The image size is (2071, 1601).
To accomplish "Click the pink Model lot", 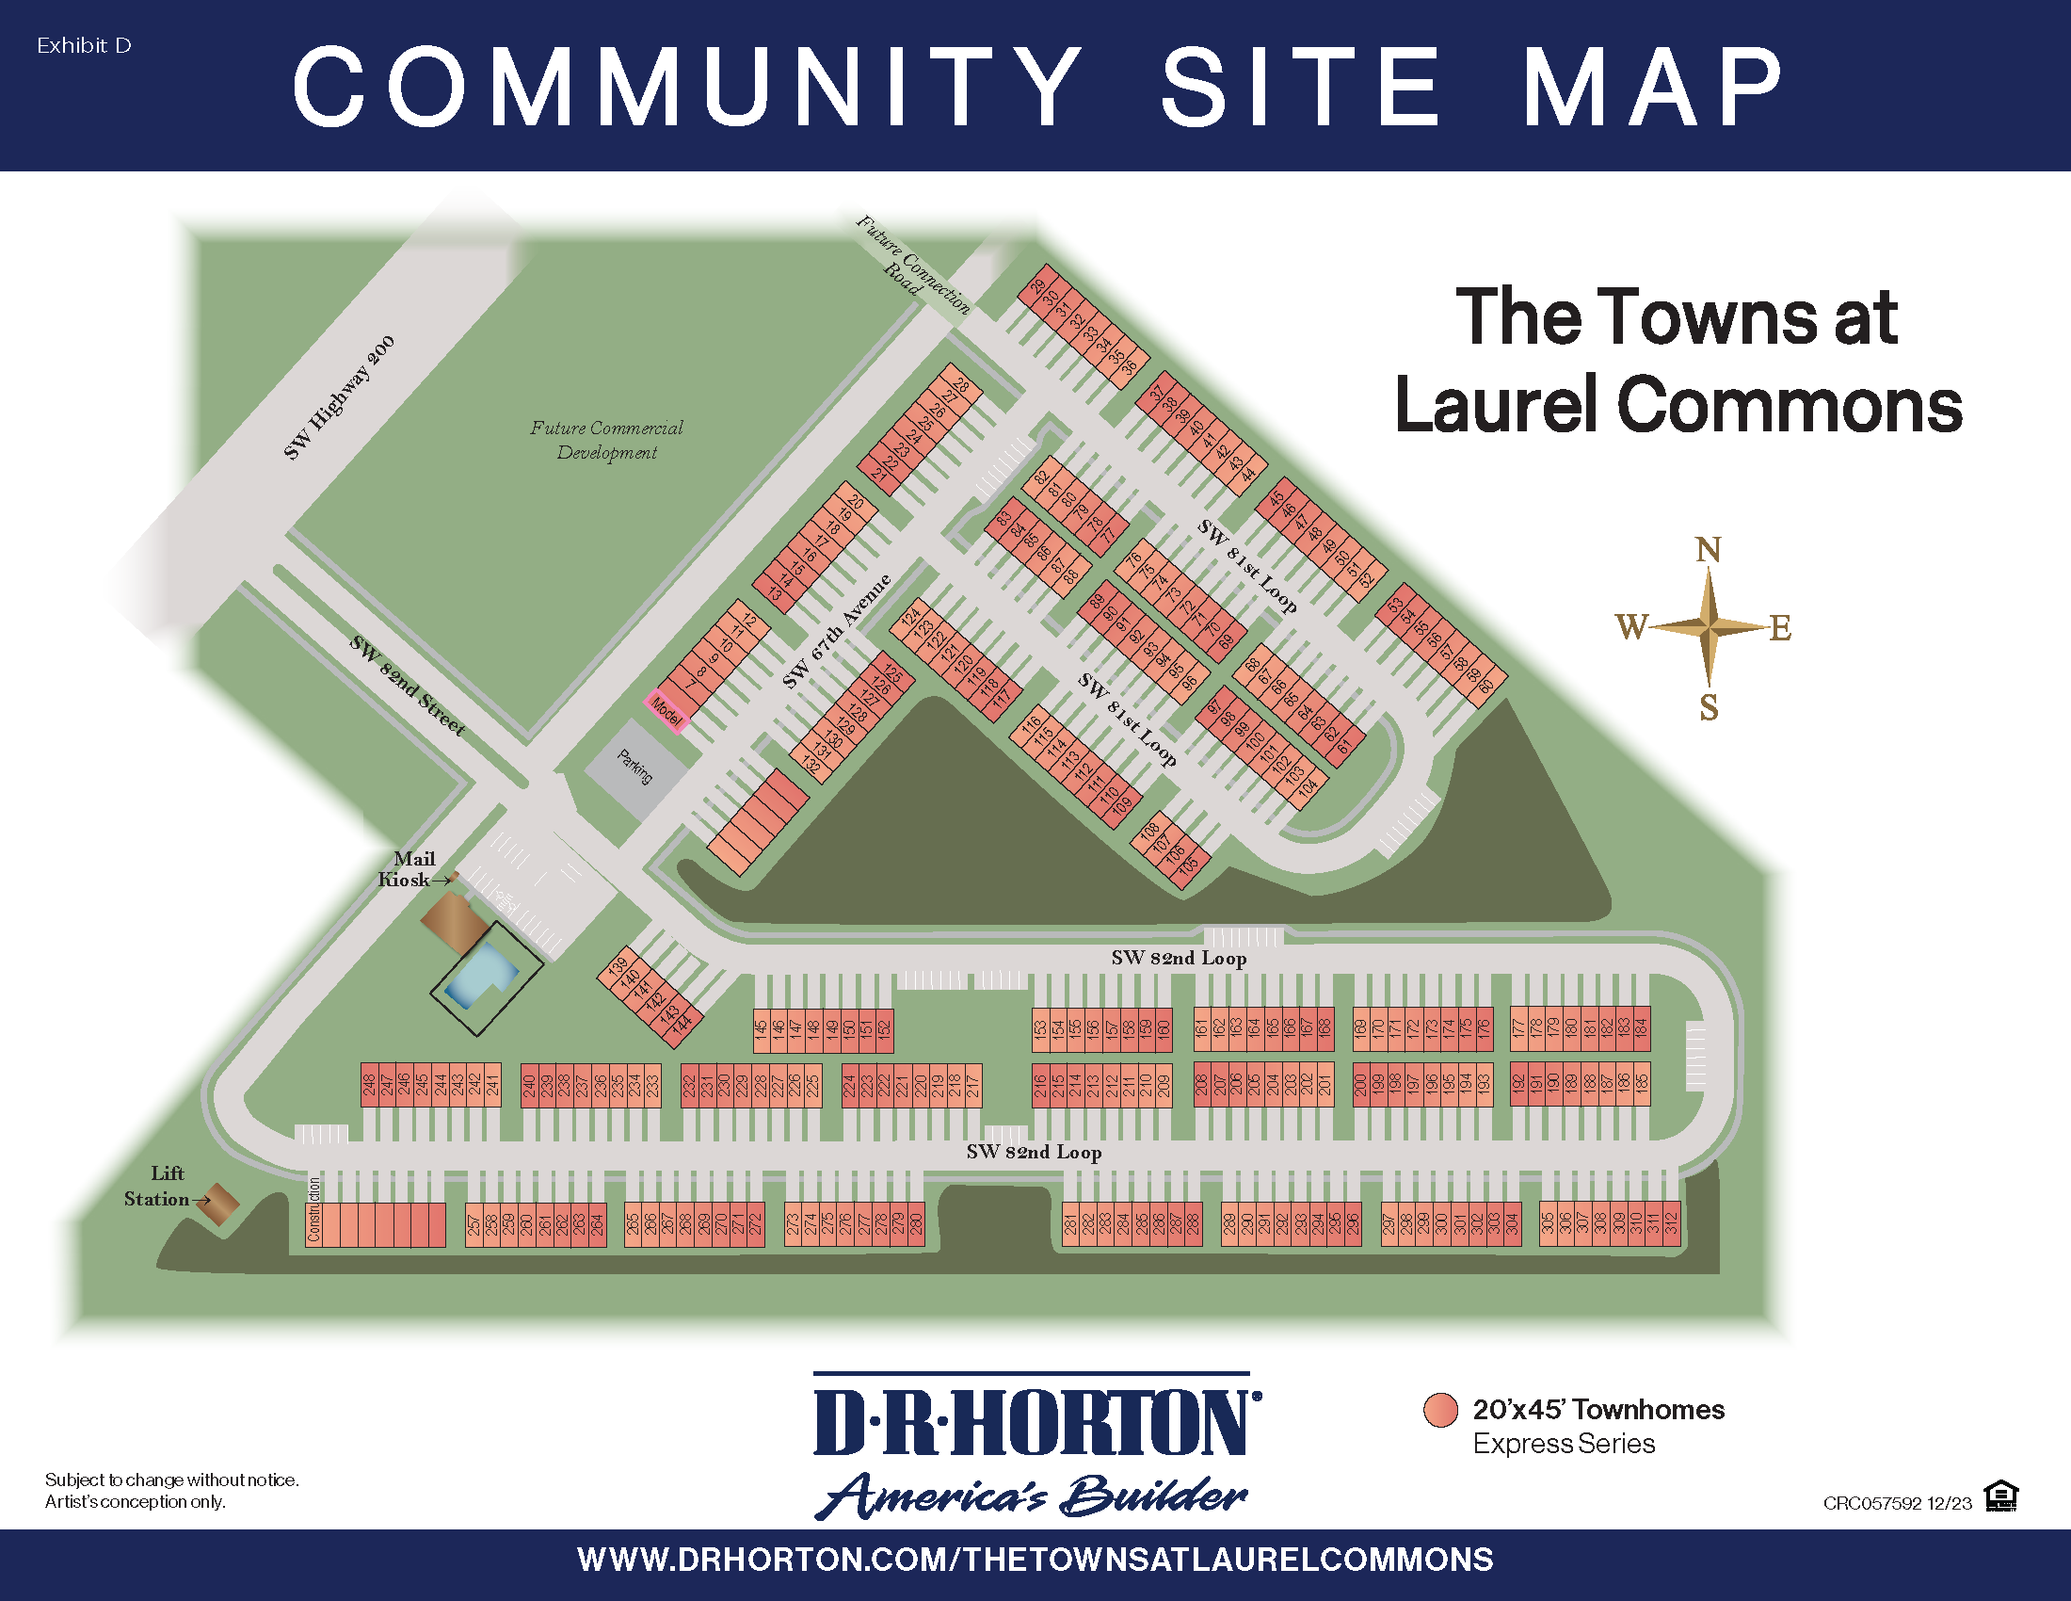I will pyautogui.click(x=665, y=711).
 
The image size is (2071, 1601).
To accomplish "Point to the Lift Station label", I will pyautogui.click(x=159, y=1187).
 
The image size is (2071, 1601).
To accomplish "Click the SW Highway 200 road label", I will pyautogui.click(x=339, y=398).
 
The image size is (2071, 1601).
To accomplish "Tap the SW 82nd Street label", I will pyautogui.click(x=407, y=686).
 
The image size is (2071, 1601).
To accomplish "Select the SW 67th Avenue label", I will pyautogui.click(x=836, y=631).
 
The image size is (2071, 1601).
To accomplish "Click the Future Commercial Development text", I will pyautogui.click(x=607, y=440).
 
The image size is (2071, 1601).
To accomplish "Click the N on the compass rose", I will pyautogui.click(x=1708, y=550).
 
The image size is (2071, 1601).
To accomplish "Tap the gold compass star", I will pyautogui.click(x=1709, y=627).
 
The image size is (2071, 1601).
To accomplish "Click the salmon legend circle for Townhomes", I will pyautogui.click(x=1440, y=1411).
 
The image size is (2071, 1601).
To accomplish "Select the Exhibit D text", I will pyautogui.click(x=84, y=45).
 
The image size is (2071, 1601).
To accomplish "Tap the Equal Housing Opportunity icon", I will pyautogui.click(x=2000, y=1496).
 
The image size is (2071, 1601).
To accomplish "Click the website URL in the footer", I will pyautogui.click(x=1035, y=1561).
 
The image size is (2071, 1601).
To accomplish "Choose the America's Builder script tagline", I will pyautogui.click(x=1031, y=1496).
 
